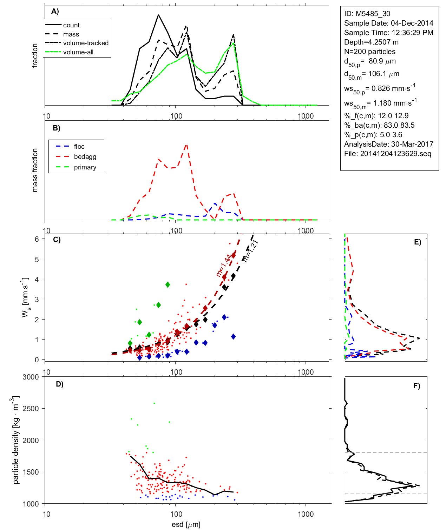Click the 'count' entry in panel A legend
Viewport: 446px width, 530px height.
point(71,25)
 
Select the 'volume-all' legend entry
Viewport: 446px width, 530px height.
point(78,52)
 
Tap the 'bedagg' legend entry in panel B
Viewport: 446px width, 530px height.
point(85,157)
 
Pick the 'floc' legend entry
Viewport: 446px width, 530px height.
point(79,147)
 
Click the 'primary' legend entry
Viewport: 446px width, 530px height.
point(85,167)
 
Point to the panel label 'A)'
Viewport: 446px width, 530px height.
point(55,11)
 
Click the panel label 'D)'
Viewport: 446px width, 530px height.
point(60,384)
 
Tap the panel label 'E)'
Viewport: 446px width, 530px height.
point(417,242)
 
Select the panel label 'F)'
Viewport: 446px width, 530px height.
point(417,386)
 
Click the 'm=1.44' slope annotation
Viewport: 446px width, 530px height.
point(224,266)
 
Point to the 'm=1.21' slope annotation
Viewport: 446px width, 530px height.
point(251,251)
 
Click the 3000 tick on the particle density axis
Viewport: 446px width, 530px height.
point(31,377)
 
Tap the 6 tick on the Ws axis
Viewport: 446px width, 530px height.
point(37,239)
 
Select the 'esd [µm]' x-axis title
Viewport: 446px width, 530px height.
point(186,524)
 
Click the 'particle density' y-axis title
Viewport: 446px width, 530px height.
point(16,440)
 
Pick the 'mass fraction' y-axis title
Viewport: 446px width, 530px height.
point(35,170)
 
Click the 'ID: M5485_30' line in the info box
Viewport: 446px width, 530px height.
point(367,14)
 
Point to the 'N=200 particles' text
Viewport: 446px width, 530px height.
point(369,52)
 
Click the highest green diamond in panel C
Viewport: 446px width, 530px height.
point(168,284)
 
